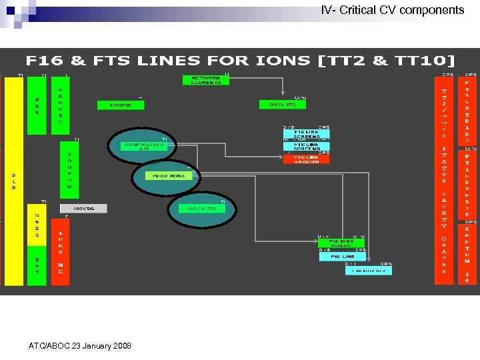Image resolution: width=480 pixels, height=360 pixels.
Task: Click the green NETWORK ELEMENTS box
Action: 206,80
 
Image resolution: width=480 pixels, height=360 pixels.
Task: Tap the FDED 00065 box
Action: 169,176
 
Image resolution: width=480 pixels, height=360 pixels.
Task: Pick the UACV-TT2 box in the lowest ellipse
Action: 203,208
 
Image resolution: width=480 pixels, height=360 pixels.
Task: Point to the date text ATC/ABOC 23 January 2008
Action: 80,346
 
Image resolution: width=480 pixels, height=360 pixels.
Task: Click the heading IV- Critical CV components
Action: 393,10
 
